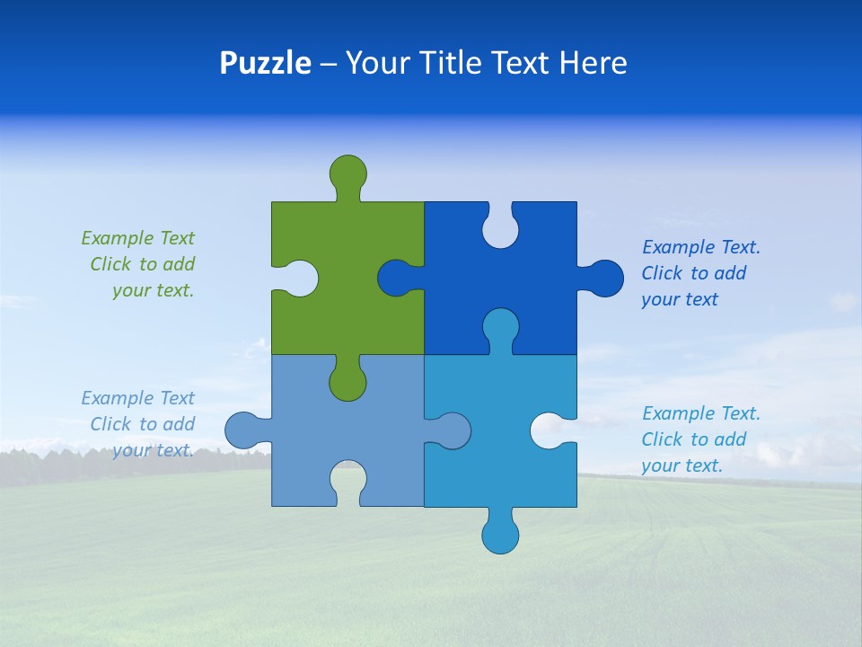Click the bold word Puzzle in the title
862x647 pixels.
tap(266, 63)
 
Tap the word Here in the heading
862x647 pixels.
tap(593, 63)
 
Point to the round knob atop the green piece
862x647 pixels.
tap(348, 173)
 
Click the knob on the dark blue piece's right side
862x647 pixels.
tap(605, 279)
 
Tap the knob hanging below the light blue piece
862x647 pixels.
tap(500, 534)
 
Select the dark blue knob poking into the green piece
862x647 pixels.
tap(396, 279)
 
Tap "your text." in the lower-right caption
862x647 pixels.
tap(682, 465)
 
